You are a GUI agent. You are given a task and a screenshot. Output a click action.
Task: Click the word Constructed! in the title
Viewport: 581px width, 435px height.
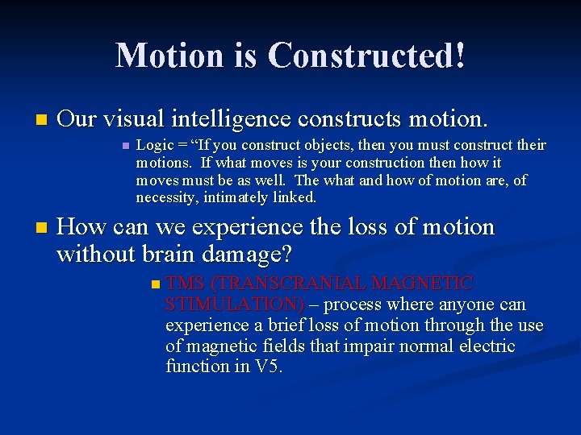[366, 56]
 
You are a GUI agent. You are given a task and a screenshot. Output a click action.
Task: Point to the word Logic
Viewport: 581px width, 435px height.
[153, 146]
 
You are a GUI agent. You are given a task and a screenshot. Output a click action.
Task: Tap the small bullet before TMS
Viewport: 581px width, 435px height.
[156, 284]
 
